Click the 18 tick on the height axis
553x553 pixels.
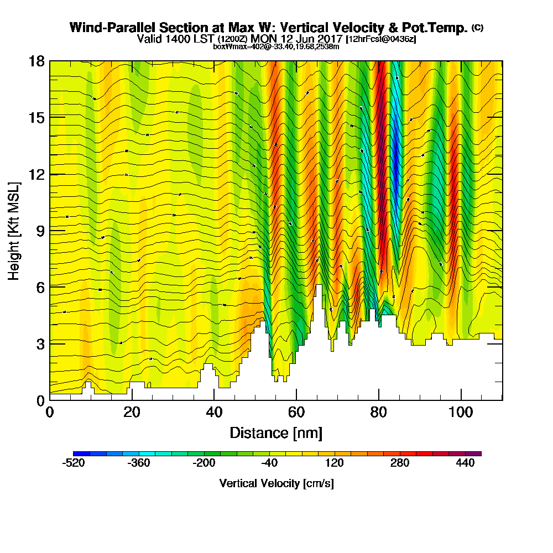[50, 61]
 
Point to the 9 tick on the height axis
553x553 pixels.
[50, 230]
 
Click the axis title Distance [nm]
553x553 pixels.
[276, 432]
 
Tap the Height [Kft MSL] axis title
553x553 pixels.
[14, 230]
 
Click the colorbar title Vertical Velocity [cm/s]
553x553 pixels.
[276, 483]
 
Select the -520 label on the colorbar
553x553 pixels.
[74, 463]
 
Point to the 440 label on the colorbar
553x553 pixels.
[466, 463]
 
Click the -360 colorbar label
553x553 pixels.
[139, 463]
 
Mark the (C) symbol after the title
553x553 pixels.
[477, 27]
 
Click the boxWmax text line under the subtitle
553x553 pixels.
[276, 46]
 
